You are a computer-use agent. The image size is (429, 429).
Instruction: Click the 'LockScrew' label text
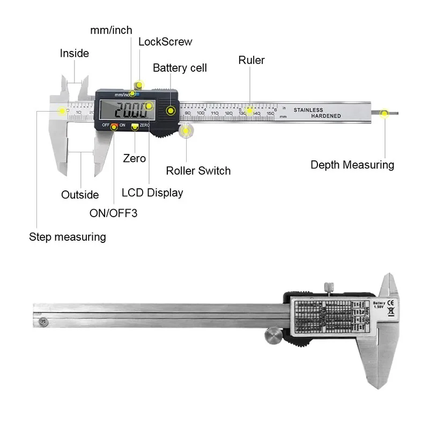(x=165, y=42)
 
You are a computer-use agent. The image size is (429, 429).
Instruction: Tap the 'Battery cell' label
(x=180, y=68)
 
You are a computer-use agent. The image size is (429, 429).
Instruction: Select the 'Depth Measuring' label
(x=352, y=165)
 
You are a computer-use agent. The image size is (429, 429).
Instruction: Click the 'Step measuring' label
(x=68, y=236)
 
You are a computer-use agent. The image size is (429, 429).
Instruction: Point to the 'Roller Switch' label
(x=198, y=171)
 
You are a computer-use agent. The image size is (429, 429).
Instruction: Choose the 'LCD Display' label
(x=152, y=193)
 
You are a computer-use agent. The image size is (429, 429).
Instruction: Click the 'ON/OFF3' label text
(x=113, y=213)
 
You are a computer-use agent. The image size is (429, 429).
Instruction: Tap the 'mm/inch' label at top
(x=111, y=30)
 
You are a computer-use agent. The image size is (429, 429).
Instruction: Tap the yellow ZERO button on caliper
(x=135, y=126)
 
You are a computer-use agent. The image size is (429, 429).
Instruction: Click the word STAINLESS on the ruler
(x=308, y=110)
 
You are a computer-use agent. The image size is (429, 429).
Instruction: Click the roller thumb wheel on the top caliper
(x=186, y=130)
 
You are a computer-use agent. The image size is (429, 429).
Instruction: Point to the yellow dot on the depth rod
(x=384, y=113)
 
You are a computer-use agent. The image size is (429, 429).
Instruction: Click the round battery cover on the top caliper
(x=171, y=110)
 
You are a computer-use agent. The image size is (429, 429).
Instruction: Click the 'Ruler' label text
(x=252, y=60)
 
